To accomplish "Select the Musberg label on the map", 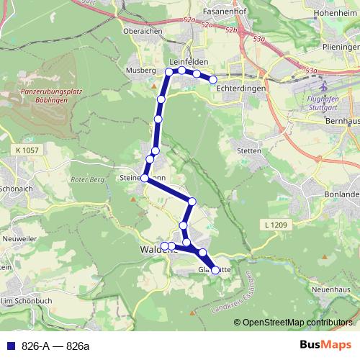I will click(140, 71).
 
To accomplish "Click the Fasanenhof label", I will click(215, 12).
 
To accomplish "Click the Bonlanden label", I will click(341, 195).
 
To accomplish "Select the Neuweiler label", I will click(20, 237).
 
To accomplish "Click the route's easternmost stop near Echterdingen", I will click(213, 79).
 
